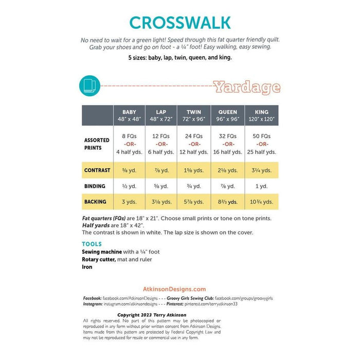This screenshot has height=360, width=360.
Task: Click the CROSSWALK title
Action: [180, 23]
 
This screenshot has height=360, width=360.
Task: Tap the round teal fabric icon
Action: [89, 85]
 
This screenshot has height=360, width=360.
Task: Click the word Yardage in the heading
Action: [246, 87]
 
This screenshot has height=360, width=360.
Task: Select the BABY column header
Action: [129, 115]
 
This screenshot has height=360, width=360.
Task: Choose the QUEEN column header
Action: [228, 115]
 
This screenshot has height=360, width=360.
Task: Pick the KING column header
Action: [261, 115]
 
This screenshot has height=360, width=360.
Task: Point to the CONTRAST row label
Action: [97, 170]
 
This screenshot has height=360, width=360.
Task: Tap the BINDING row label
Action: [95, 186]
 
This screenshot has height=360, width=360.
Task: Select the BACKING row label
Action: [95, 202]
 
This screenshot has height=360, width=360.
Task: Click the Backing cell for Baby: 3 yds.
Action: [129, 202]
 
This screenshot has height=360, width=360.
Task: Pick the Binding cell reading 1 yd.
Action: [261, 186]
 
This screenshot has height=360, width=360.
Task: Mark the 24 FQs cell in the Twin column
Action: [194, 136]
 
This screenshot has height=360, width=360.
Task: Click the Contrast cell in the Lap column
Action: [161, 170]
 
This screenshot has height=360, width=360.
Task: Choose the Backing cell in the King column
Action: [261, 202]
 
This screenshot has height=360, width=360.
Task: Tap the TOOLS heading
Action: [92, 244]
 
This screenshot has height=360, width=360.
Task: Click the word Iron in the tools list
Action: [87, 267]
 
